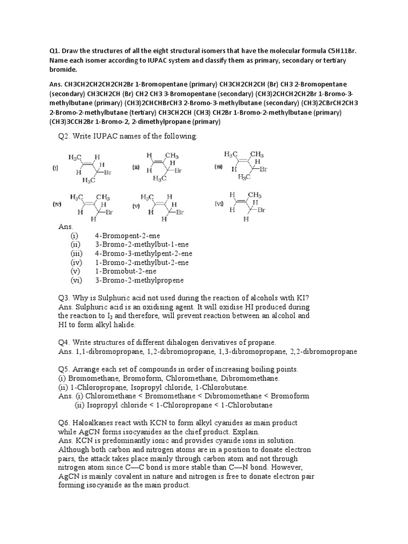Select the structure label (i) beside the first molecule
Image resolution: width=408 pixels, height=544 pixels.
pos(55,168)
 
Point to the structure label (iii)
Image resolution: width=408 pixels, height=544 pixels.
pos(219,166)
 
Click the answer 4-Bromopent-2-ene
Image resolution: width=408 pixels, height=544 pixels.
pos(127,235)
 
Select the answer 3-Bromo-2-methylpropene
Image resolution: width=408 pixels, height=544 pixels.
pos(139,280)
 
